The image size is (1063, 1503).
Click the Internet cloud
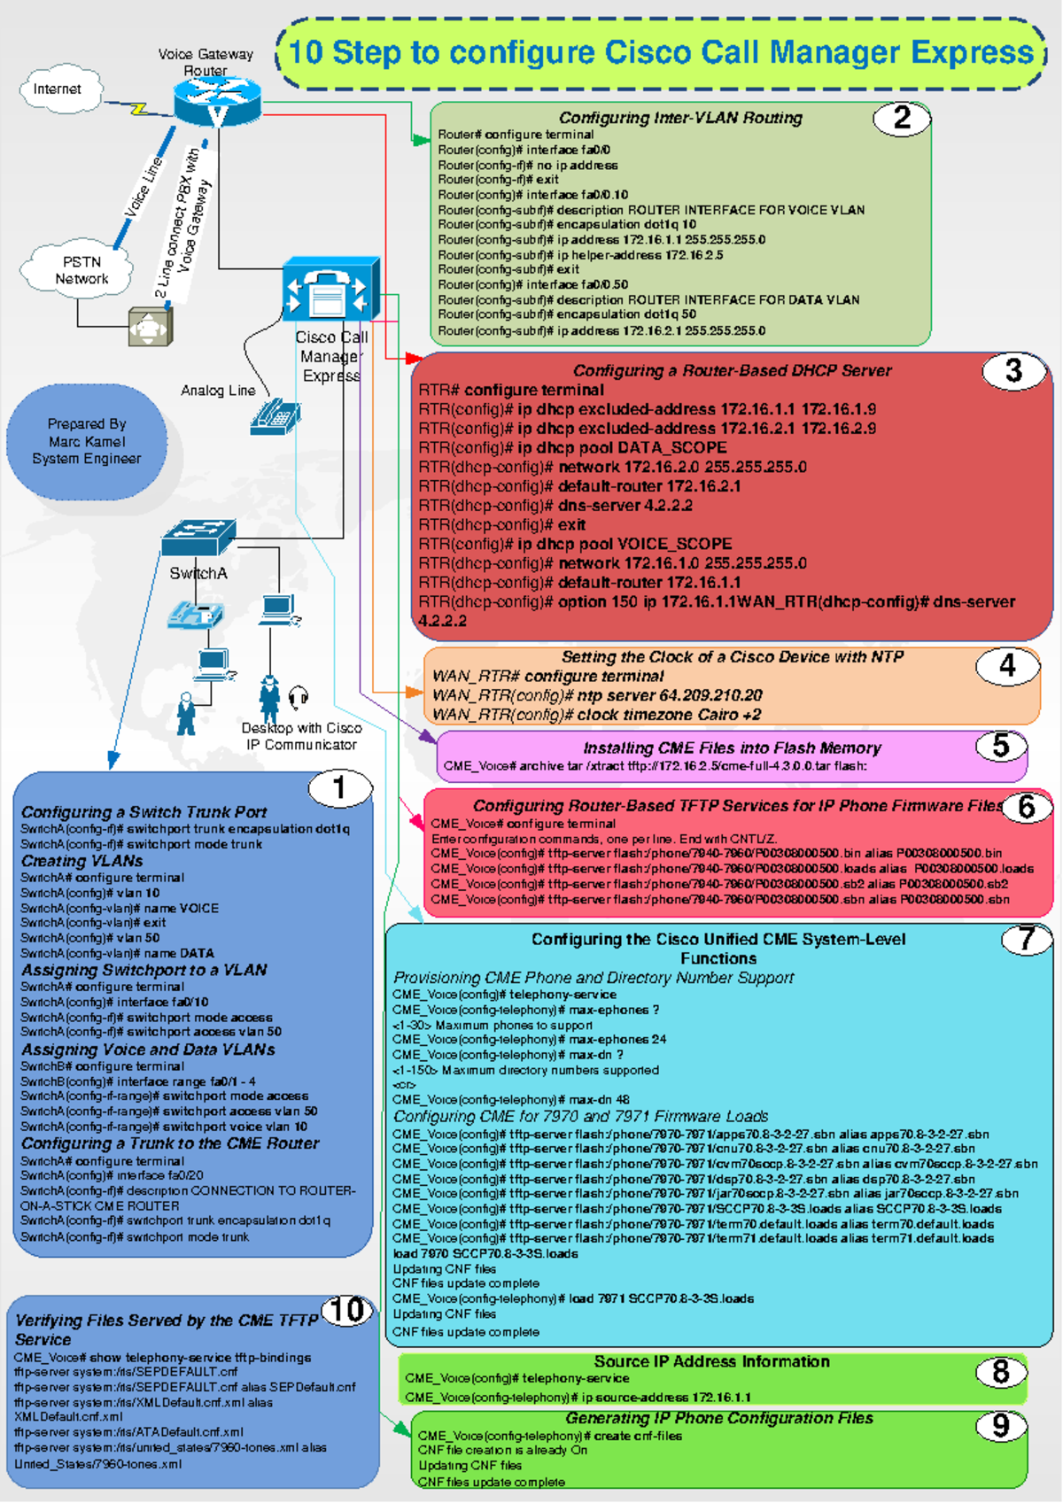[x=59, y=89]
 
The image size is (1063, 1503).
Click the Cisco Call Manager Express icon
[x=330, y=290]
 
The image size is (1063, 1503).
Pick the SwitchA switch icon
[x=198, y=538]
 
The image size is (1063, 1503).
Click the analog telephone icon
[x=275, y=415]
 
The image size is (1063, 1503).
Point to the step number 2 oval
[x=901, y=119]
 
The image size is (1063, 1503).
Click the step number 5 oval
[x=1000, y=746]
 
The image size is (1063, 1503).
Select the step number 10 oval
[x=347, y=1310]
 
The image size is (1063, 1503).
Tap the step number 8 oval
[x=1000, y=1372]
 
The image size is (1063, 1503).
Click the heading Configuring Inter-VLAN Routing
[x=679, y=118]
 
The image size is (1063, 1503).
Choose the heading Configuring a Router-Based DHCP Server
[x=732, y=370]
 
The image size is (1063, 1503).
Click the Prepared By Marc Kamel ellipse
[x=87, y=441]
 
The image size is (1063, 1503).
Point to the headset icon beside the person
[x=299, y=698]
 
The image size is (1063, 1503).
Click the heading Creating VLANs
[x=81, y=861]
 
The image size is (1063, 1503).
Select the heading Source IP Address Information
[x=711, y=1361]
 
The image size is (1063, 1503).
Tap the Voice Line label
[x=143, y=187]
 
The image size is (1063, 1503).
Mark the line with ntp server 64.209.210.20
[x=597, y=695]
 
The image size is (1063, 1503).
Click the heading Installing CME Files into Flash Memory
[x=732, y=748]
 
